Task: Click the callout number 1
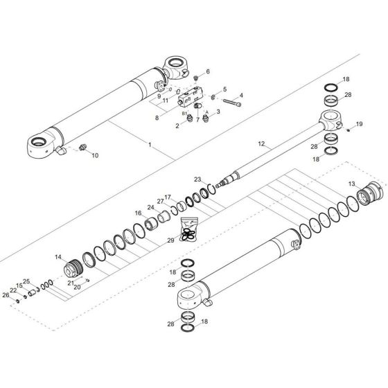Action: [x=149, y=144]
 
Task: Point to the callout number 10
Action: [x=96, y=156]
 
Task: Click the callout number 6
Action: [x=207, y=72]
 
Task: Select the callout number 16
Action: [x=138, y=213]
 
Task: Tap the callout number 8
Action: [x=157, y=118]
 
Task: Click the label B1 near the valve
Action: [x=184, y=112]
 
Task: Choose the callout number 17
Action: [x=168, y=197]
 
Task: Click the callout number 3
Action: [x=218, y=111]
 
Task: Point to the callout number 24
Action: [x=150, y=207]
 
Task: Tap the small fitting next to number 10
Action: [x=84, y=148]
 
